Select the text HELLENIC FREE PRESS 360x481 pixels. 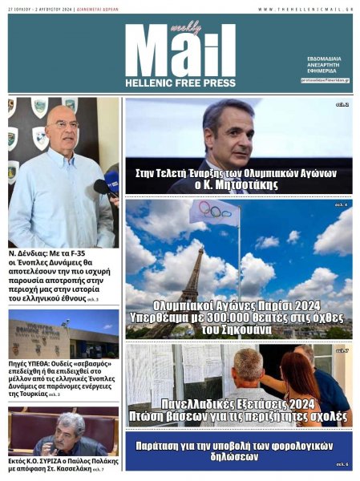180,83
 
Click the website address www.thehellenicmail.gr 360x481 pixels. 305,9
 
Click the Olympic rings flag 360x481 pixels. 214,212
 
